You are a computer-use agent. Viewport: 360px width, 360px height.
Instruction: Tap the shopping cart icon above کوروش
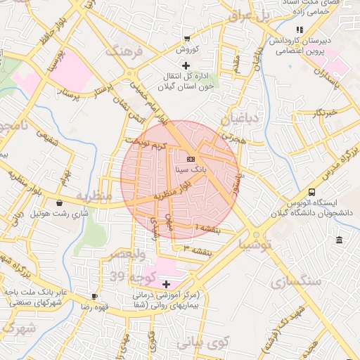pos(186,39)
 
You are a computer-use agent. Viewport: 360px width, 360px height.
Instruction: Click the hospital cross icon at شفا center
pos(166,284)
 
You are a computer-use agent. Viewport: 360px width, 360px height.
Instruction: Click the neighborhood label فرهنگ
pos(124,51)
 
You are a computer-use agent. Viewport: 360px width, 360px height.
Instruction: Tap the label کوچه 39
pos(127,276)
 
